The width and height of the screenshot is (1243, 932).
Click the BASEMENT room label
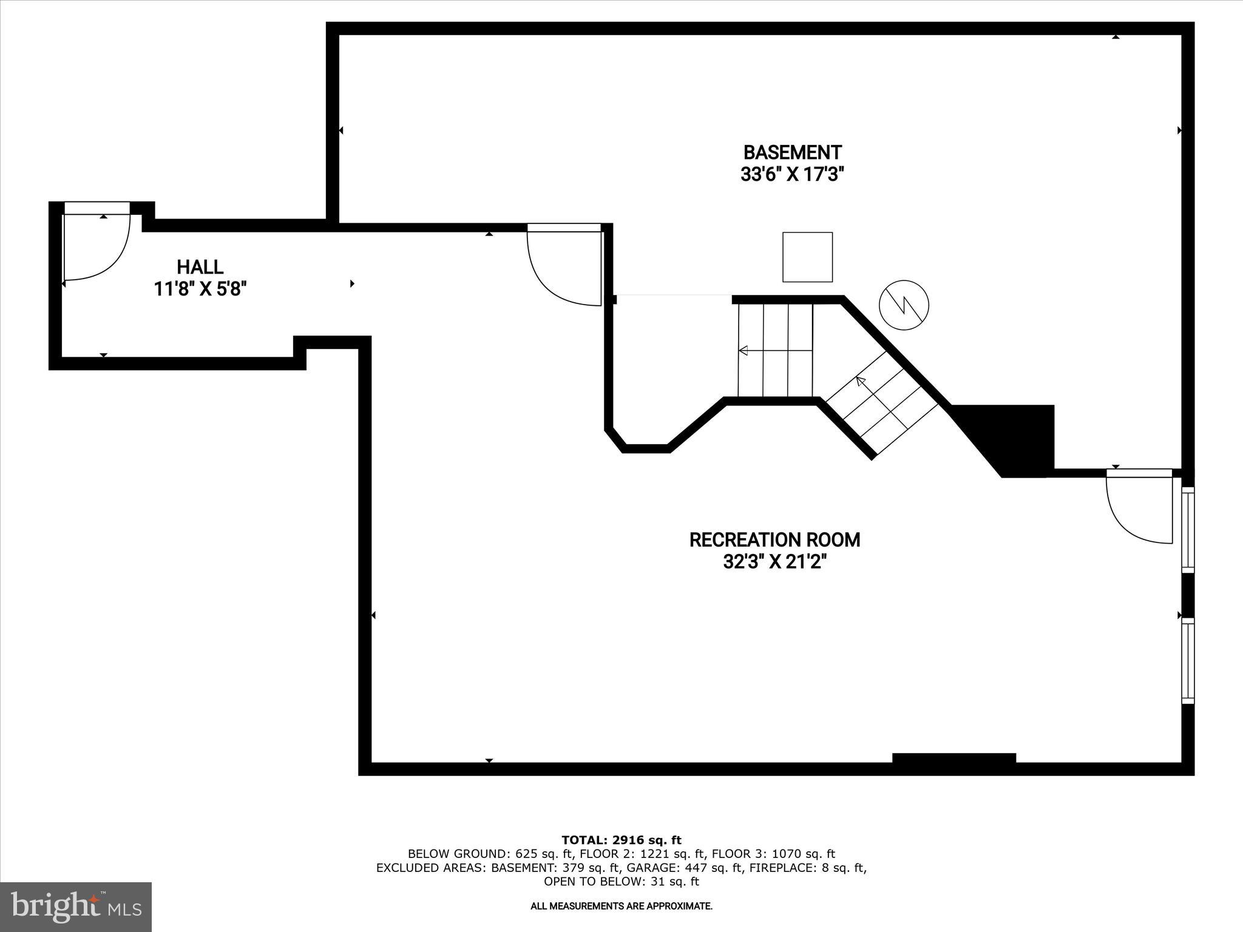792,152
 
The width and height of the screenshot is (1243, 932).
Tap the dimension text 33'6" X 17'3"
792,175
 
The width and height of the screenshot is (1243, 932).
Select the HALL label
200,267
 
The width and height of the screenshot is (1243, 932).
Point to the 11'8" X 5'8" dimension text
200,289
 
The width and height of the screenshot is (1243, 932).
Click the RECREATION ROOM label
774,540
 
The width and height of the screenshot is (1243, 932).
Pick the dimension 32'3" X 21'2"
774,562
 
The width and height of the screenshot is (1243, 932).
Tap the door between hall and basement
564,264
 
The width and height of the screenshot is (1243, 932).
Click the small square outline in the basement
807,257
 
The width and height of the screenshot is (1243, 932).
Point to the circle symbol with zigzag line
904,305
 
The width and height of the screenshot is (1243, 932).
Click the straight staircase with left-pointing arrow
775,351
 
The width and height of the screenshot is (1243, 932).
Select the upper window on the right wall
1188,530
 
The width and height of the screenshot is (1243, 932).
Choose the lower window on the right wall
1188,660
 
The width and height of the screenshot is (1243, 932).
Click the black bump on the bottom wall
953,758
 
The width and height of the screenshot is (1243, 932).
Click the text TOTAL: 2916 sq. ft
621,840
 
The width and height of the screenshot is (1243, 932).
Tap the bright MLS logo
76,907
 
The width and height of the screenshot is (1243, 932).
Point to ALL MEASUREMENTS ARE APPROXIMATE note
621,907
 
